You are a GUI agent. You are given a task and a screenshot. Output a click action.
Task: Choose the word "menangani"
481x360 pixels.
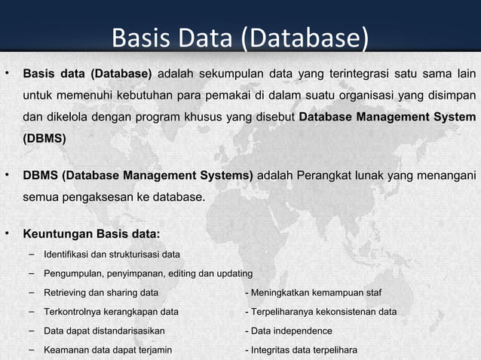point(444,176)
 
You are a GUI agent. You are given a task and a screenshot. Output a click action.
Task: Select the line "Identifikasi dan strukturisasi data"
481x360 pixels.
point(112,254)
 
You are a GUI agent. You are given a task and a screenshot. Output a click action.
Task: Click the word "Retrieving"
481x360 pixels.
point(66,292)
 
